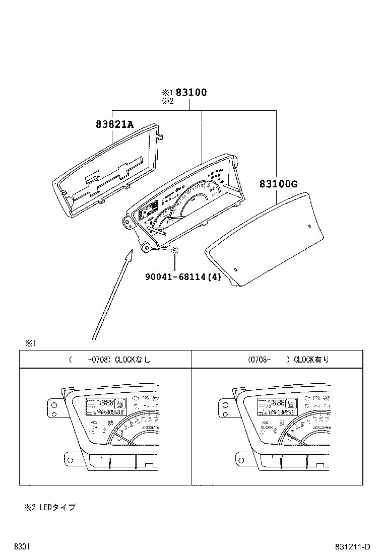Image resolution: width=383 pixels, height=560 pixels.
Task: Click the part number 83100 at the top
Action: [x=191, y=93]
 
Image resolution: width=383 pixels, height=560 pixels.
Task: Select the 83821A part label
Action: [x=115, y=124]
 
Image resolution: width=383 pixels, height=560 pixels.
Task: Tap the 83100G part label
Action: [x=278, y=184]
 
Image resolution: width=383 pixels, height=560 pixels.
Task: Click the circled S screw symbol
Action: [x=174, y=251]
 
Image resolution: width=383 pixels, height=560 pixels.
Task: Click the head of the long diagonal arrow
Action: [x=130, y=252]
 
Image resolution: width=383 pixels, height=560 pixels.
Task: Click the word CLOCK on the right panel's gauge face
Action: [x=267, y=427]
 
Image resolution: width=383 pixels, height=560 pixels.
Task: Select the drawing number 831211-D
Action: [x=353, y=547]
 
